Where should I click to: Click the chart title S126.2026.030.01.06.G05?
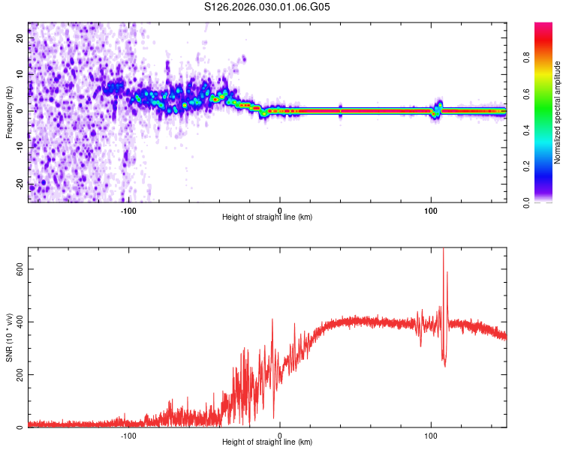pyautogui.click(x=267, y=7)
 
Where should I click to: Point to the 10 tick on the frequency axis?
pyautogui.click(x=20, y=74)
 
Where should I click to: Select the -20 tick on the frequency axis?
pyautogui.click(x=19, y=184)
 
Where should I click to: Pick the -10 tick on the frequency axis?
pyautogui.click(x=19, y=147)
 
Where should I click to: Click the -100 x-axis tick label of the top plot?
pyautogui.click(x=128, y=210)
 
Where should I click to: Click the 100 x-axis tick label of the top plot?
pyautogui.click(x=431, y=210)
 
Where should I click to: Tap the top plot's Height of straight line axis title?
pyautogui.click(x=267, y=217)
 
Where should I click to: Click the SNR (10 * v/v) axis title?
pyautogui.click(x=9, y=337)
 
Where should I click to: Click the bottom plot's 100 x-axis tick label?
pyautogui.click(x=431, y=436)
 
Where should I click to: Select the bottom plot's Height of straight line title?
pyautogui.click(x=267, y=443)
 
